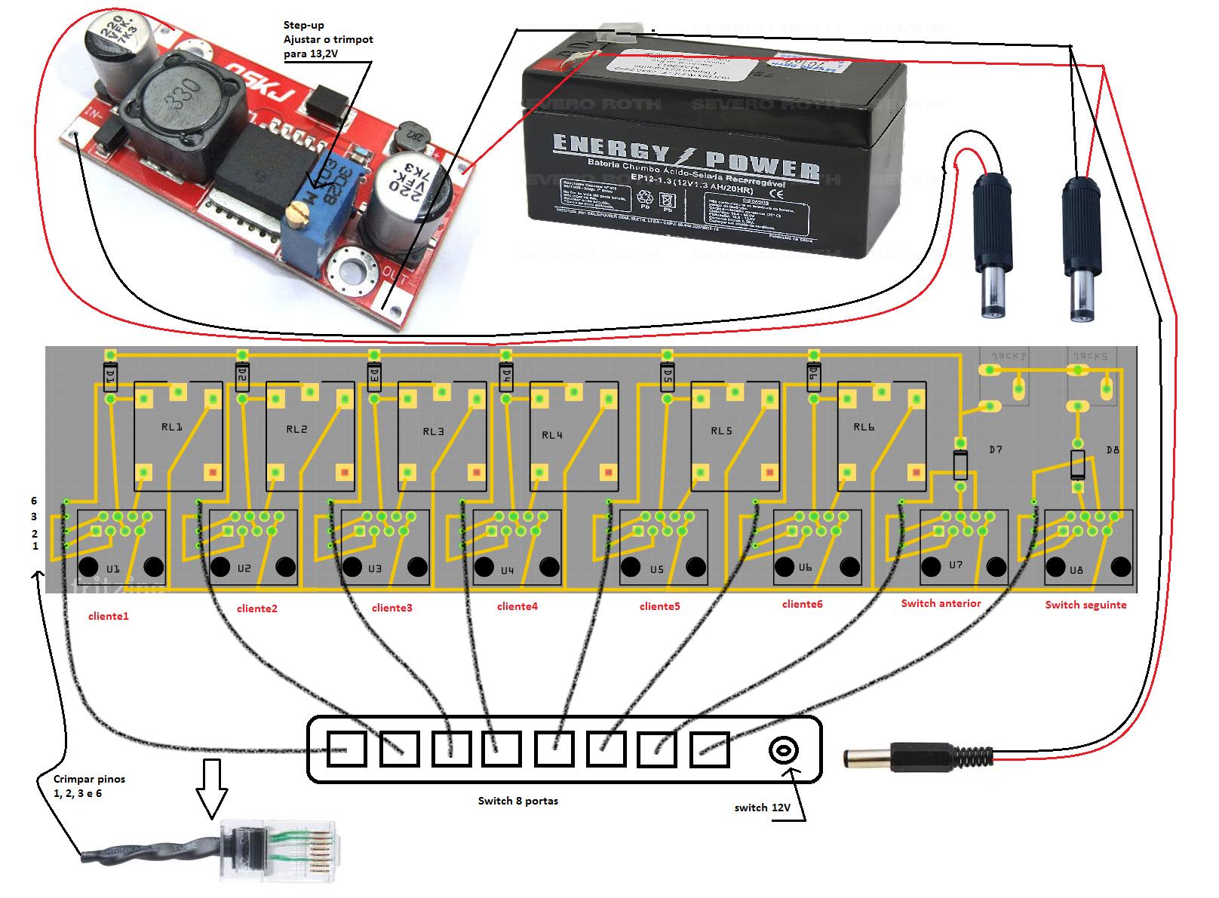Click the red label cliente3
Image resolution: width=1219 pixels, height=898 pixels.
click(391, 608)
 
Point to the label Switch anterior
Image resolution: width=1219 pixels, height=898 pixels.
click(941, 603)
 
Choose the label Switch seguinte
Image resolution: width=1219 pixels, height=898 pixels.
click(1085, 605)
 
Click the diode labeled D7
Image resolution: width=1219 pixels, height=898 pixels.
click(960, 464)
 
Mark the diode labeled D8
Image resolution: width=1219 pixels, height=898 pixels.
click(1078, 464)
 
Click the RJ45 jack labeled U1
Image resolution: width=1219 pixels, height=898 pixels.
click(121, 547)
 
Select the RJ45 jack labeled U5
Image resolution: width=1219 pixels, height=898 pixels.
click(663, 547)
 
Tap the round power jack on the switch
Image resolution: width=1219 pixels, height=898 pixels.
click(784, 750)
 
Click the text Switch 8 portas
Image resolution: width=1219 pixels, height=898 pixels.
click(517, 801)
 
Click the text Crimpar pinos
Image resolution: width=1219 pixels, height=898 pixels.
click(89, 779)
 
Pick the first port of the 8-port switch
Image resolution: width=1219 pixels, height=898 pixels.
click(347, 749)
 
